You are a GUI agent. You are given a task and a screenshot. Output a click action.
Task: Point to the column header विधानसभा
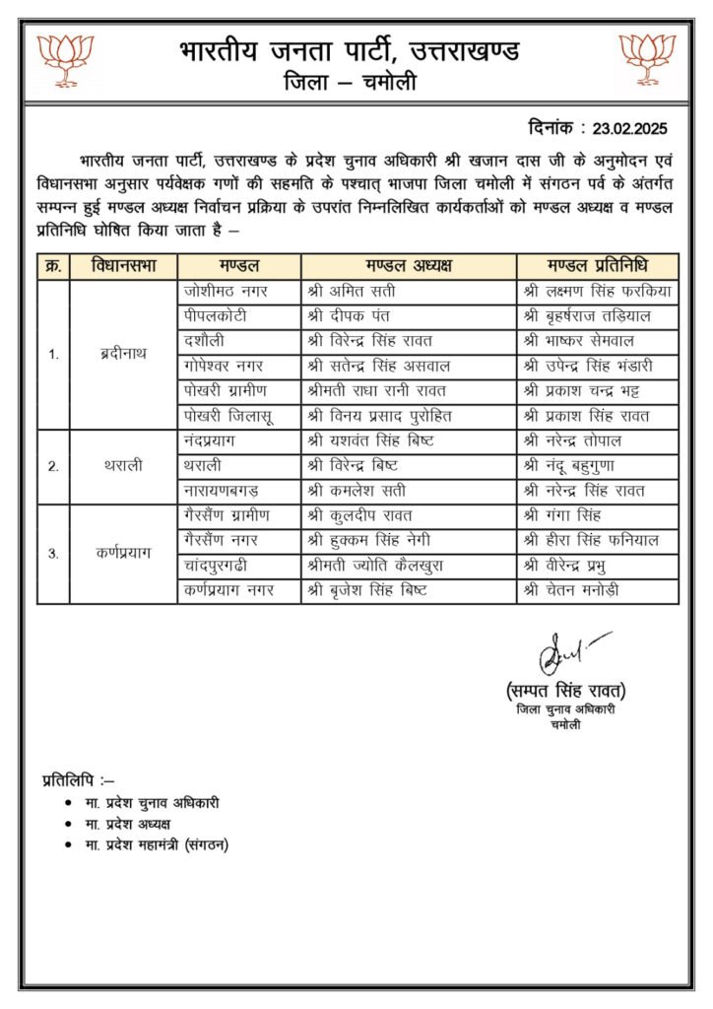pyautogui.click(x=125, y=267)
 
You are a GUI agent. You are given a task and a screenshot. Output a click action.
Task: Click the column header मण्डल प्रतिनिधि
pyautogui.click(x=597, y=267)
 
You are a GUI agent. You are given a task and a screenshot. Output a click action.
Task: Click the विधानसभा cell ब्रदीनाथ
pyautogui.click(x=125, y=354)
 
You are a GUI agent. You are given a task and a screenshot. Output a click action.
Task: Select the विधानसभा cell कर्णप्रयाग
pyautogui.click(x=125, y=553)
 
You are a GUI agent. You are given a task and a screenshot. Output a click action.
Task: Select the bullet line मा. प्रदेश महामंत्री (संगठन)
pyautogui.click(x=157, y=845)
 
